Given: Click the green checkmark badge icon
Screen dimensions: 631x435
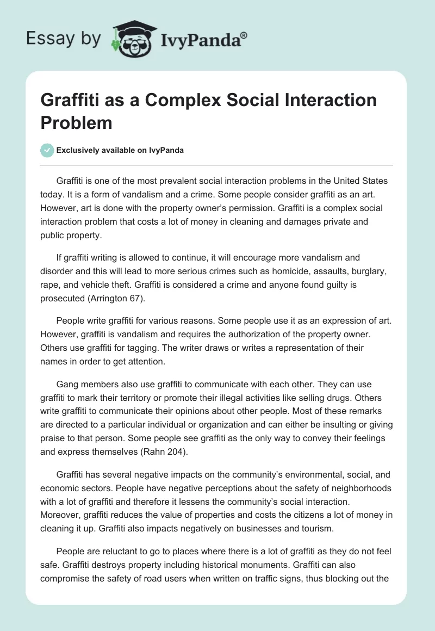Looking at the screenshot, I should click(47, 150).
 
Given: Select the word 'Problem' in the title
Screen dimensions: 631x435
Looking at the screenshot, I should click(76, 122).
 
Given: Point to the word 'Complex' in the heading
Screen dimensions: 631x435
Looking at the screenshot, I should click(163, 100).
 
